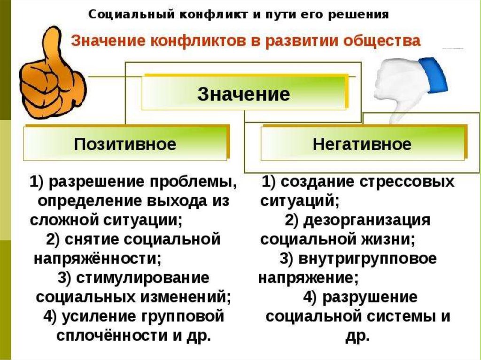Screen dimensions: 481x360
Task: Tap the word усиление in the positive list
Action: click(x=94, y=316)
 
